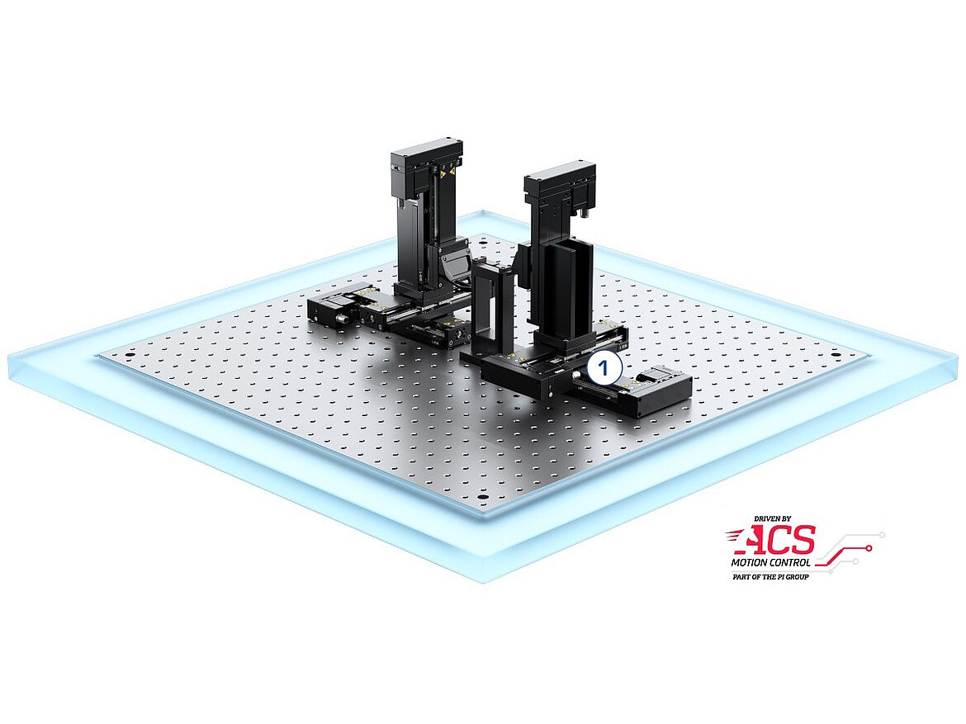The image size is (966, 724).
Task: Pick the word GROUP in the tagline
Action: click(x=795, y=576)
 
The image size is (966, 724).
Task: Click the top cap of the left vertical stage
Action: click(x=427, y=152)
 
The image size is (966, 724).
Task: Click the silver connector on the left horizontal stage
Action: click(x=339, y=318)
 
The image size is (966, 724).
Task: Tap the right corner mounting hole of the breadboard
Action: click(x=836, y=356)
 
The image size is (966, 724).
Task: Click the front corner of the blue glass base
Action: click(x=482, y=578)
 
